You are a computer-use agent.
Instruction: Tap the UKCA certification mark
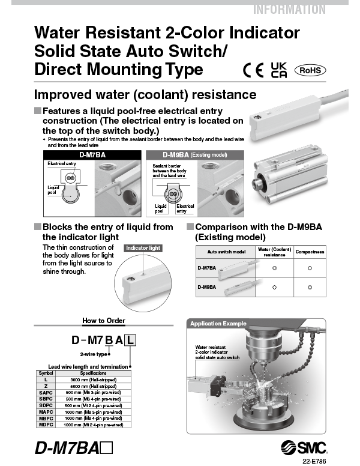[x=279, y=70]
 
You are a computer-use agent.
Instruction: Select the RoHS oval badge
[x=310, y=70]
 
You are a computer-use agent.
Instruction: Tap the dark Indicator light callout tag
[x=143, y=247]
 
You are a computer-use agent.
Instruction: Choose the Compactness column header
[x=310, y=252]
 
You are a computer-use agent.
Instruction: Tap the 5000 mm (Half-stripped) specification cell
[x=94, y=386]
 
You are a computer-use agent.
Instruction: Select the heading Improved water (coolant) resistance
[x=145, y=95]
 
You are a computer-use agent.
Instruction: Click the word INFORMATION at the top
[x=289, y=9]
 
